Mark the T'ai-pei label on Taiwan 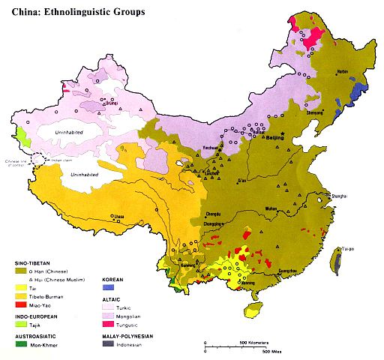point(349,248)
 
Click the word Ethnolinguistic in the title point(80,12)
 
